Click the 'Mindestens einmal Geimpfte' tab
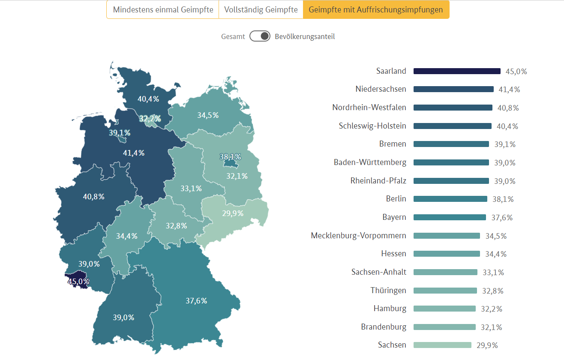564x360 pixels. pos(163,10)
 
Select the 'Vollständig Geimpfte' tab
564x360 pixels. pos(261,10)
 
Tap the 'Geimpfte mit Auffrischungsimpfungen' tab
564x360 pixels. pos(376,10)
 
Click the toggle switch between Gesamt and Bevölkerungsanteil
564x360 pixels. pos(260,36)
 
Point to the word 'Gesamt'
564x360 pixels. pos(233,36)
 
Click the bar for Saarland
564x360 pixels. pos(457,71)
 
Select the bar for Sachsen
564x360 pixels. pos(442,345)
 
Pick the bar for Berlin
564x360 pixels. pos(450,199)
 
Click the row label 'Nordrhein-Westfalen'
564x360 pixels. pos(369,108)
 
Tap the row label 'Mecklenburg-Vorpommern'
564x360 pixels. pos(358,236)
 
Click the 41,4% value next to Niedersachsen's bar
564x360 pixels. pos(509,90)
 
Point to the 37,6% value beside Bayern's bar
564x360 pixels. pos(502,218)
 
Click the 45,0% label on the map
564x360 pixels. pos(78,282)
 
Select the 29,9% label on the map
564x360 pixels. pos(233,213)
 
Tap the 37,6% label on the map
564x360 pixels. pos(196,301)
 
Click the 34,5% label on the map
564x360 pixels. pos(208,115)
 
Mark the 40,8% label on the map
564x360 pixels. pos(93,197)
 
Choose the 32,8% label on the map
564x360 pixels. pos(177,226)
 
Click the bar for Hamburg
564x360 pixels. pos(444,309)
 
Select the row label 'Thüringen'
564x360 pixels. pos(388,291)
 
